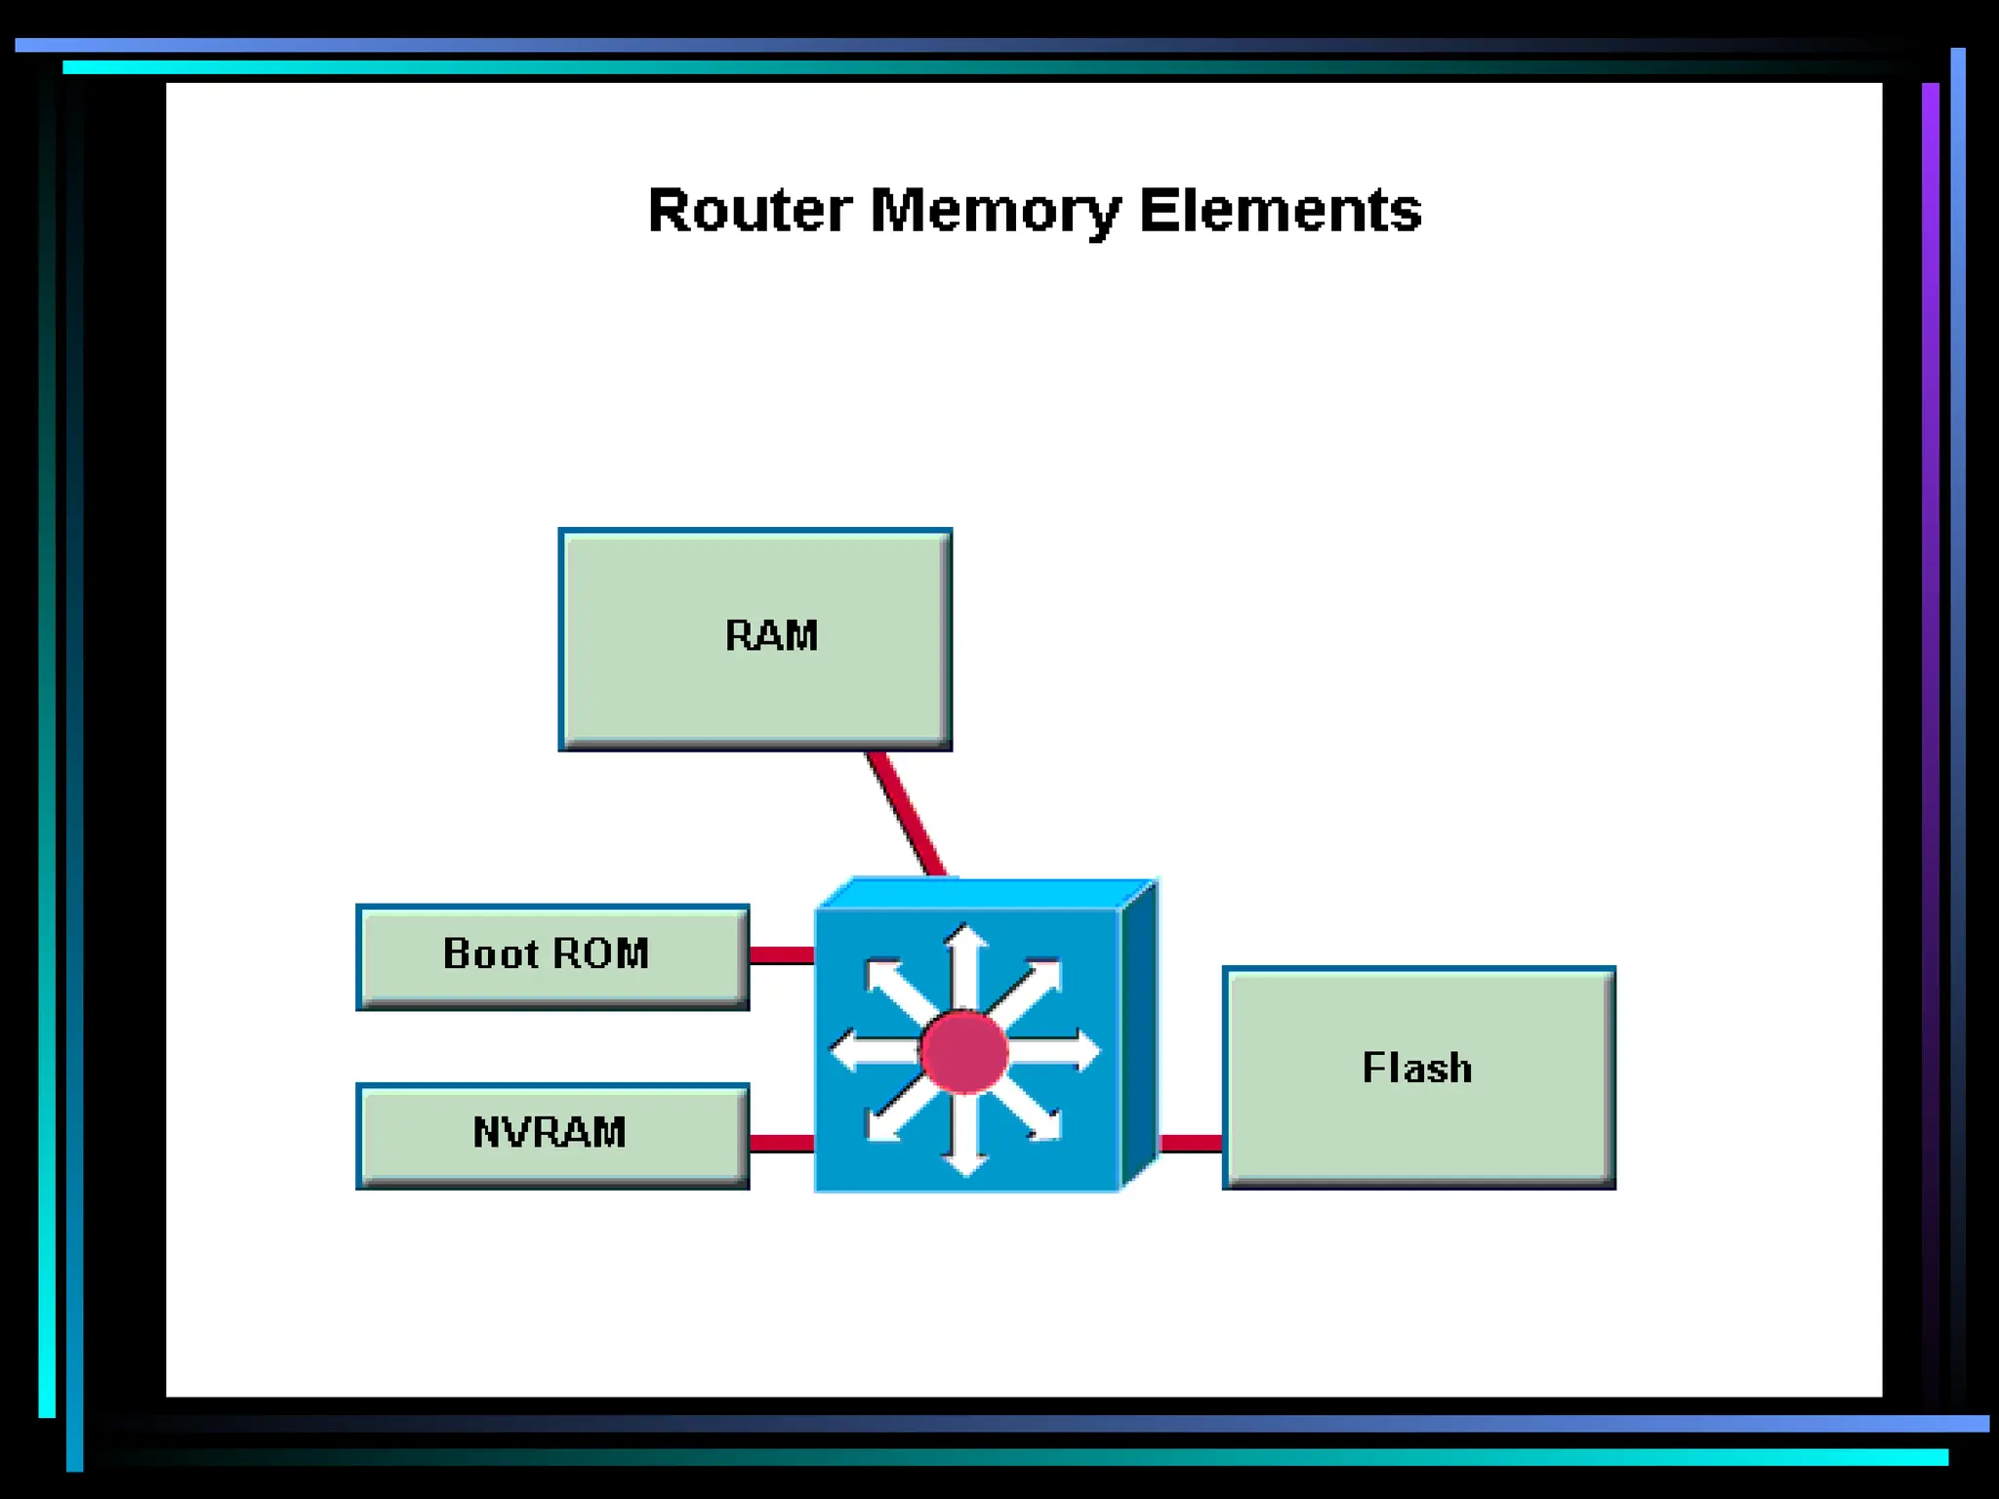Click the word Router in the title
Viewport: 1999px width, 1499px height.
tap(750, 210)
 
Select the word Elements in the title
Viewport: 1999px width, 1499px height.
tap(1280, 210)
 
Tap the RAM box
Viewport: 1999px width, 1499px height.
tap(755, 639)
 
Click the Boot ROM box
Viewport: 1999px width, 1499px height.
tap(552, 956)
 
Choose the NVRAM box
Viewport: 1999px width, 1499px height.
tap(552, 1136)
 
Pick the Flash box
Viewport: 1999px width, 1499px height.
tap(1418, 1077)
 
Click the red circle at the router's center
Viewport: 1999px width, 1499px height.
tap(963, 1051)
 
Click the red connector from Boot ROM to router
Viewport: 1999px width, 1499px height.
tap(782, 954)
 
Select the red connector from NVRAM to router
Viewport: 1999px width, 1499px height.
tap(782, 1143)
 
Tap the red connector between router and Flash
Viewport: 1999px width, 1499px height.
tap(1190, 1143)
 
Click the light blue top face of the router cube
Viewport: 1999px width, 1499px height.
tap(986, 893)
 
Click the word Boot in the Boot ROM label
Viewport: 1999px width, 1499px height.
tap(490, 953)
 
